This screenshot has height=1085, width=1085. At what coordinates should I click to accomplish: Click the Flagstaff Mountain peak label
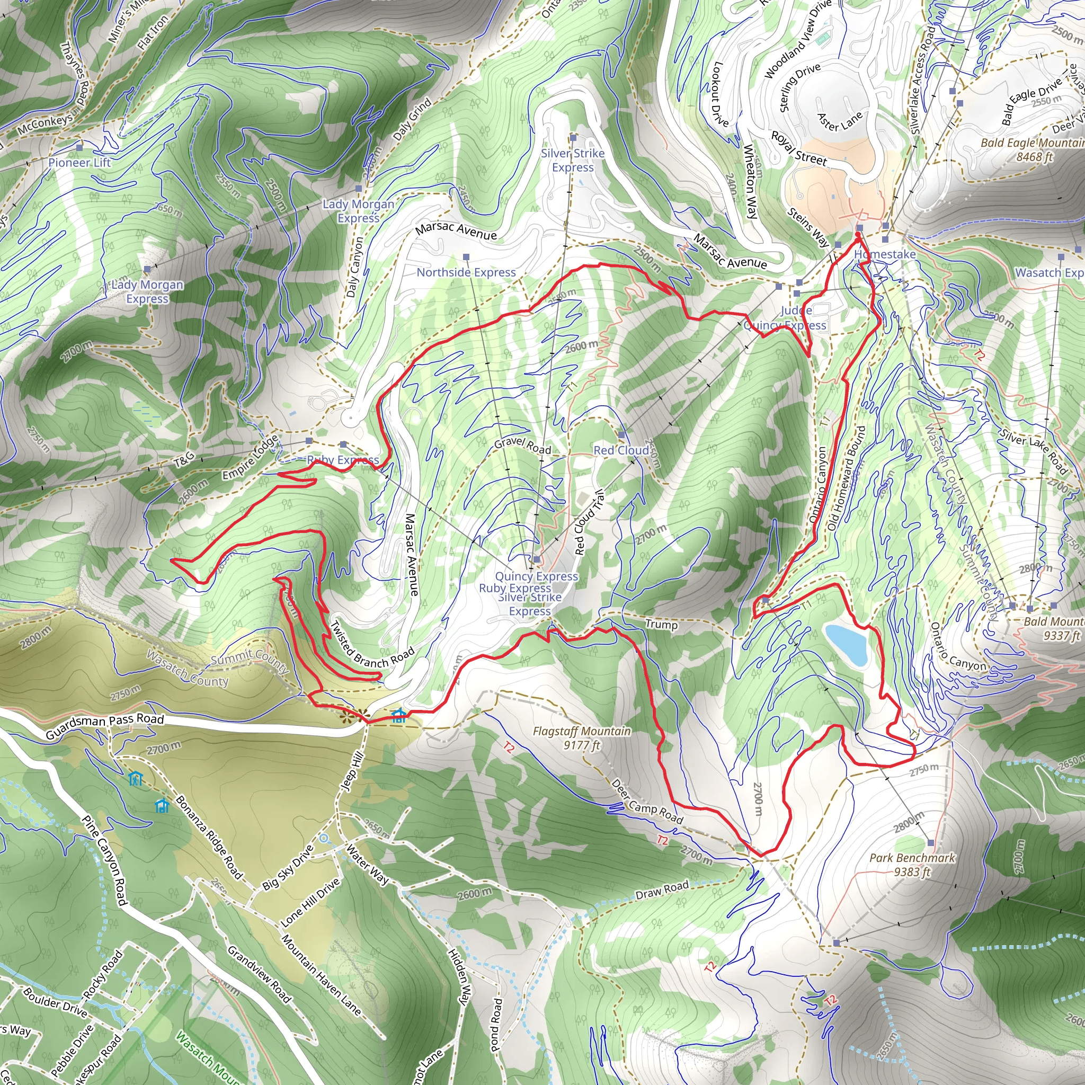pyautogui.click(x=582, y=738)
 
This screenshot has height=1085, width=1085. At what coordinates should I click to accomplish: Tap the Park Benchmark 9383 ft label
pyautogui.click(x=912, y=865)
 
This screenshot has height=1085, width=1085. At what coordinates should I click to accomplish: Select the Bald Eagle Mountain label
pyautogui.click(x=1032, y=149)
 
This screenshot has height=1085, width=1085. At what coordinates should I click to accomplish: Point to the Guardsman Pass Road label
pyautogui.click(x=104, y=727)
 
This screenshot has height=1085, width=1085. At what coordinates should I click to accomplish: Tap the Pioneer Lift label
pyautogui.click(x=80, y=163)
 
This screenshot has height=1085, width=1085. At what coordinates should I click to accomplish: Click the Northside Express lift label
pyautogui.click(x=466, y=272)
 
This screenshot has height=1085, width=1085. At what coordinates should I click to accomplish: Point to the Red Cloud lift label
pyautogui.click(x=621, y=450)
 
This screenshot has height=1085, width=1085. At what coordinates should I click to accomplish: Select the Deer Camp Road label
pyautogui.click(x=647, y=802)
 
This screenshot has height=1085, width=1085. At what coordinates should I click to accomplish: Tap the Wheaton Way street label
pyautogui.click(x=750, y=181)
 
